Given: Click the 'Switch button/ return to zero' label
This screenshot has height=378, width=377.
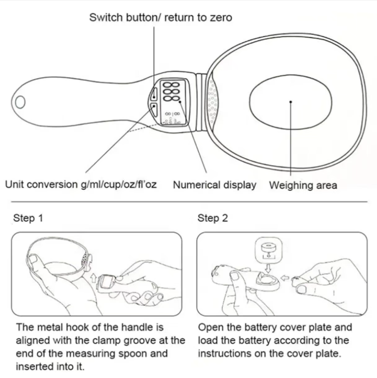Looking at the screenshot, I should (160, 18).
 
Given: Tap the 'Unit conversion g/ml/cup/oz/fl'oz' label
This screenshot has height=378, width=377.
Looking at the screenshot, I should (81, 185).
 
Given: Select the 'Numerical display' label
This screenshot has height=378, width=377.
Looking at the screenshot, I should (215, 185).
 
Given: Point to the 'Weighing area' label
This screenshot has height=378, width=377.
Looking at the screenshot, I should (303, 185).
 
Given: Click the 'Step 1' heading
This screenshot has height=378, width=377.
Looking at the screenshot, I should (28, 218).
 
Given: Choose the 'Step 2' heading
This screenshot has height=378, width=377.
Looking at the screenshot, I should (213, 218).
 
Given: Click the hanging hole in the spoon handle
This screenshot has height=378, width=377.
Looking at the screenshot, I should (20, 102).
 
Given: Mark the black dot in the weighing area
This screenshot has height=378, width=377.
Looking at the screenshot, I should (290, 102).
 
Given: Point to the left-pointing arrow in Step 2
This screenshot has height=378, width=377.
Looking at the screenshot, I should (285, 278).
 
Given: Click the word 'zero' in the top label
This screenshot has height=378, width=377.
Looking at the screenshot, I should (221, 18).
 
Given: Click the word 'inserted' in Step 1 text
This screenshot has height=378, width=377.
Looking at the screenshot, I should (34, 366).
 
